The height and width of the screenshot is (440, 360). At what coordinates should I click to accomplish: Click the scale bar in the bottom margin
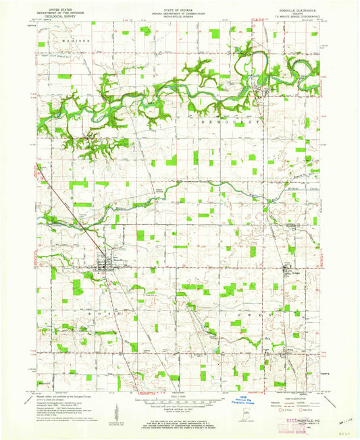(180, 402)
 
